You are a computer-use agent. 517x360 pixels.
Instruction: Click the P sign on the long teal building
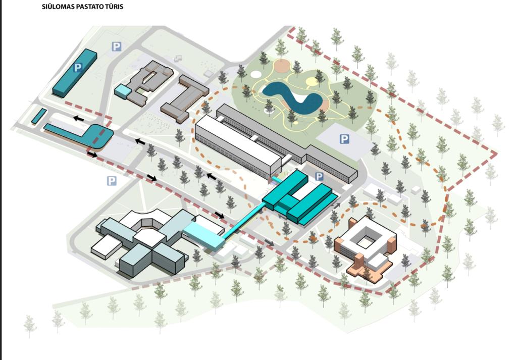(78, 67)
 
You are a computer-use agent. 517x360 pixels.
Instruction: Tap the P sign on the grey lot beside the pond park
(344, 139)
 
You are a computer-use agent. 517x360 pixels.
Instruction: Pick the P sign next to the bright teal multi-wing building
(319, 176)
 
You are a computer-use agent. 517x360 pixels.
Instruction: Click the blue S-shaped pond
(293, 96)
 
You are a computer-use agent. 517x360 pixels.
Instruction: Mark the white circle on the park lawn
(256, 74)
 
